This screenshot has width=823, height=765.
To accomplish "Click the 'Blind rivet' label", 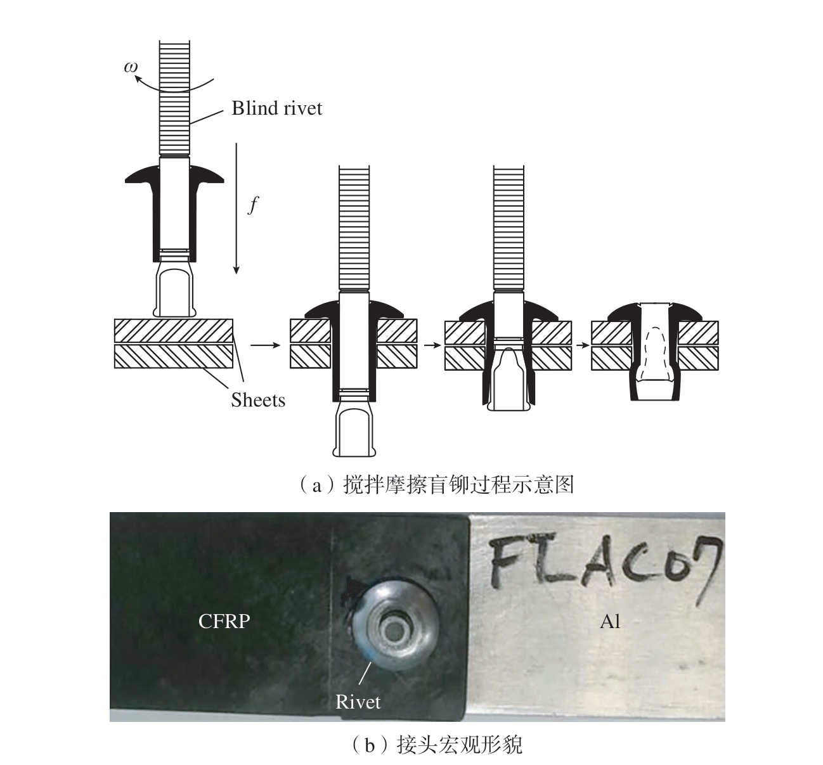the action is (x=276, y=108).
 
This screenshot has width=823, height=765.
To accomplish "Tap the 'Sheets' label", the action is (x=258, y=401).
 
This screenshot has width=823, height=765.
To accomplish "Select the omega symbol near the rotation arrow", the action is (x=131, y=67).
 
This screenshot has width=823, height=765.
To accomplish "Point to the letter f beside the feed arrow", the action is (x=253, y=205).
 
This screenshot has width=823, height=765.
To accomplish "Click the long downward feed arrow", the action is (x=237, y=209).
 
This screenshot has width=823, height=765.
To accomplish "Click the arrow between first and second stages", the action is (x=266, y=345).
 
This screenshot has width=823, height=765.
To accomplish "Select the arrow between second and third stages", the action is (x=431, y=345).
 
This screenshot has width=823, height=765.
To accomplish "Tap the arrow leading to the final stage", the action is (x=583, y=345).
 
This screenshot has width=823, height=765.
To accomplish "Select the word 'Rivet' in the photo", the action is (x=358, y=702).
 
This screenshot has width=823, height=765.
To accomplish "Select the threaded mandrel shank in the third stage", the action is (x=509, y=228).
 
